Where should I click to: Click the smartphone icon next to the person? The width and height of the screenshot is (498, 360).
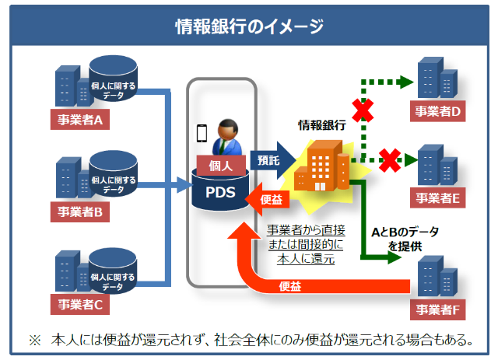202,133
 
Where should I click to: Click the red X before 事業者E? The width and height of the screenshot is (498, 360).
389,160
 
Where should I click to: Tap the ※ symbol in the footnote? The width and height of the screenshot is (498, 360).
34,340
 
